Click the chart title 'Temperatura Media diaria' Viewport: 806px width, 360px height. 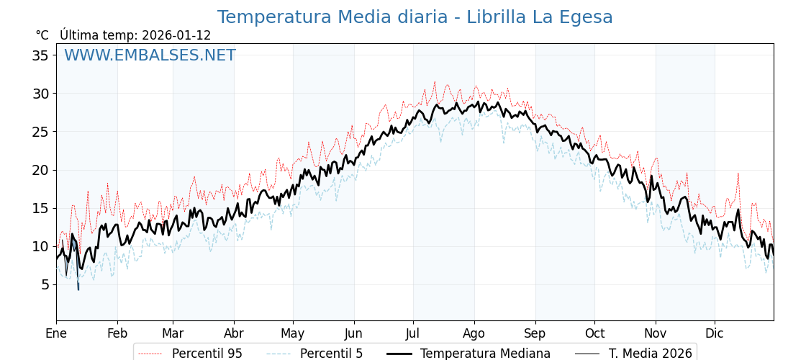pyautogui.click(x=415, y=17)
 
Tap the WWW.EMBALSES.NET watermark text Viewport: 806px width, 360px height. pyautogui.click(x=150, y=55)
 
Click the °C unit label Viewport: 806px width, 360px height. pyautogui.click(x=42, y=35)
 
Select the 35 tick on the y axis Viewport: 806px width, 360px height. pyautogui.click(x=40, y=55)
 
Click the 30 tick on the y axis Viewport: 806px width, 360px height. pyautogui.click(x=40, y=94)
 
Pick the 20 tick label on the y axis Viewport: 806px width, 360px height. pyautogui.click(x=40, y=170)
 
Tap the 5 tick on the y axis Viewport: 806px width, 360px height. pyautogui.click(x=45, y=284)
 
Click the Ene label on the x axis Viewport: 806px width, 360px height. pyautogui.click(x=56, y=333)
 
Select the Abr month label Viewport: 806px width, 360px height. pyautogui.click(x=234, y=333)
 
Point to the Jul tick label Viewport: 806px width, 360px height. pyautogui.click(x=413, y=333)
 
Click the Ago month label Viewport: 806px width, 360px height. pyautogui.click(x=474, y=333)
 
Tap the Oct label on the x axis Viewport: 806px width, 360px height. pyautogui.click(x=594, y=333)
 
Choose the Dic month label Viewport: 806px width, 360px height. pyautogui.click(x=715, y=333)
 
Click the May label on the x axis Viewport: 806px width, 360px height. pyautogui.click(x=293, y=333)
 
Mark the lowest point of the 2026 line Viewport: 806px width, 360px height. pyautogui.click(x=78, y=290)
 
